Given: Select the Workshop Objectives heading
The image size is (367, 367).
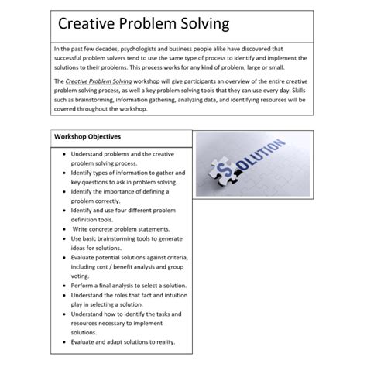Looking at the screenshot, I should click(x=87, y=137).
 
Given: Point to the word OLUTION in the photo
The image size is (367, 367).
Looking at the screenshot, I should click(x=268, y=159).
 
